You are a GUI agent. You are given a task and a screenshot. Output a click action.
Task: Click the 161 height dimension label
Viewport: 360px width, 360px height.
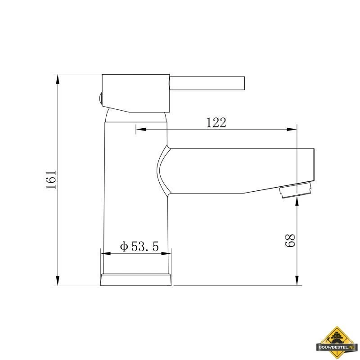[51, 180]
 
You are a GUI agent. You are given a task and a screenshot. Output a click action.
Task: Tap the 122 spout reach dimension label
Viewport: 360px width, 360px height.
[216, 122]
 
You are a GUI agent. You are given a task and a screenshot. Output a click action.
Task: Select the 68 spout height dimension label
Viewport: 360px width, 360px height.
[290, 241]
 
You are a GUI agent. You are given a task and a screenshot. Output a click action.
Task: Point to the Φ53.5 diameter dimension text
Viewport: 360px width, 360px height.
[139, 246]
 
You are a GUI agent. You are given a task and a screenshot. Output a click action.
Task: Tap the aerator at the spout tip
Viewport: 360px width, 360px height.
[295, 189]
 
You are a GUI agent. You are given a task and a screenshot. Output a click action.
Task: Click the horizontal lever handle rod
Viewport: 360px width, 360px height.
[207, 83]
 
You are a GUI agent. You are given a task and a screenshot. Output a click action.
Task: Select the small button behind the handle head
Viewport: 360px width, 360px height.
[100, 99]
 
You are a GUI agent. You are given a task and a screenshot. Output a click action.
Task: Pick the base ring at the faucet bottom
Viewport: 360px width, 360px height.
[136, 279]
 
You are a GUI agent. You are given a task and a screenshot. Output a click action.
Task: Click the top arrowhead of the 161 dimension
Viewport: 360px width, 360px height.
[58, 79]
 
